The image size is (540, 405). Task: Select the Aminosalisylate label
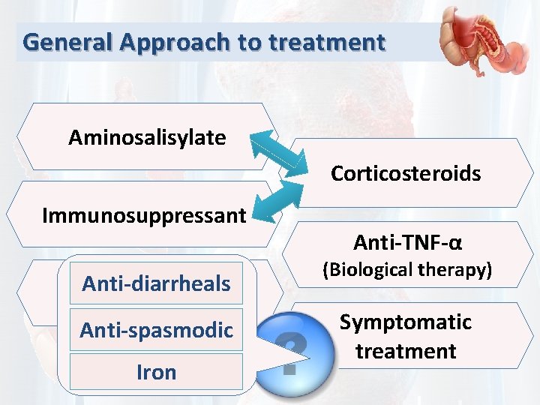point(147,137)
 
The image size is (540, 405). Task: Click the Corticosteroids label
point(406,174)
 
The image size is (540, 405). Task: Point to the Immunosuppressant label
point(144,216)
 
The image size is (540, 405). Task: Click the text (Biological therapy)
point(407,270)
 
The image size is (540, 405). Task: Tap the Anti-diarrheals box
point(156,283)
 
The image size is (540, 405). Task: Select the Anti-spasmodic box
point(156,330)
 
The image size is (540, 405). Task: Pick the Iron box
point(156,372)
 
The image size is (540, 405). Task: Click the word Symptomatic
point(406,322)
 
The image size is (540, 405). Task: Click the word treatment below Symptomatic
point(406,351)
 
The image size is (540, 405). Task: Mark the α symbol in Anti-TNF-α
point(456,243)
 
